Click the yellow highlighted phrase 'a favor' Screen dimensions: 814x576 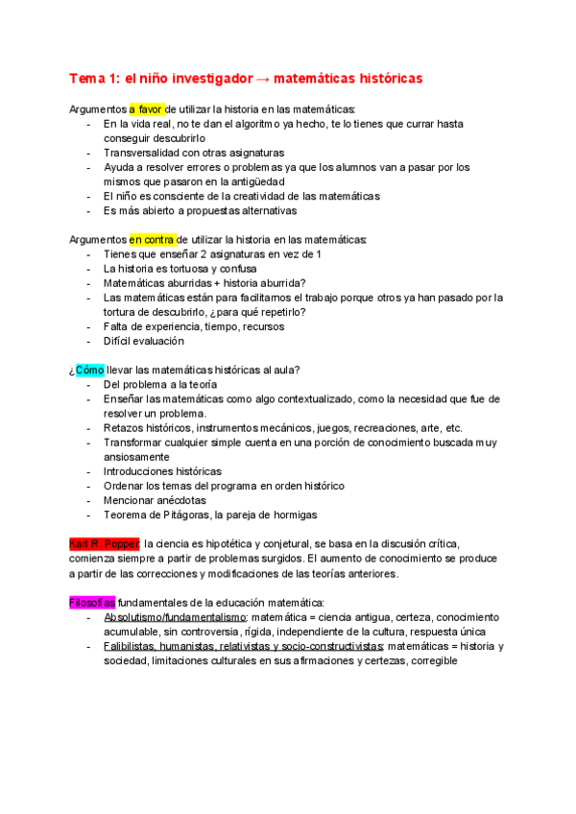[147, 109]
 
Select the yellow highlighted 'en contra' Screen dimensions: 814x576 [147, 239]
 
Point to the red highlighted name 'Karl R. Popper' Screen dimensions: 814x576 [105, 543]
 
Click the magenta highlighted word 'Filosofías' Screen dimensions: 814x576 [93, 602]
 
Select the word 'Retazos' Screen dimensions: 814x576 [125, 427]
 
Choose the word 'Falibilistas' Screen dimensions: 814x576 [132, 646]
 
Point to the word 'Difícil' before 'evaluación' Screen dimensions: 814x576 [120, 341]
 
